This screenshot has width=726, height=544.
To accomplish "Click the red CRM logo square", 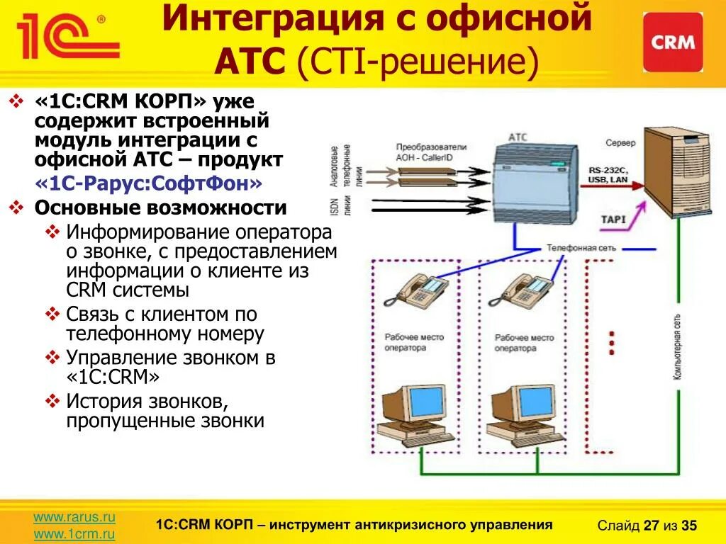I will (x=673, y=42).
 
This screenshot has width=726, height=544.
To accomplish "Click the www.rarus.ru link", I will (x=74, y=518).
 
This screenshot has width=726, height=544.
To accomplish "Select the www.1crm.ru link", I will (x=74, y=533).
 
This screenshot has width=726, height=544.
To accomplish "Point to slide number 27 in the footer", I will (x=651, y=526).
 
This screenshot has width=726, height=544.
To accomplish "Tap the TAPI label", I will (x=613, y=220).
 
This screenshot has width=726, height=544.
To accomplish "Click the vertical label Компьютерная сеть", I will (x=678, y=347).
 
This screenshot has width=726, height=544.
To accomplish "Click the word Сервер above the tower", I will (x=620, y=143).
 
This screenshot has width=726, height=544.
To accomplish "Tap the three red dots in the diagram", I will (x=611, y=342).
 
